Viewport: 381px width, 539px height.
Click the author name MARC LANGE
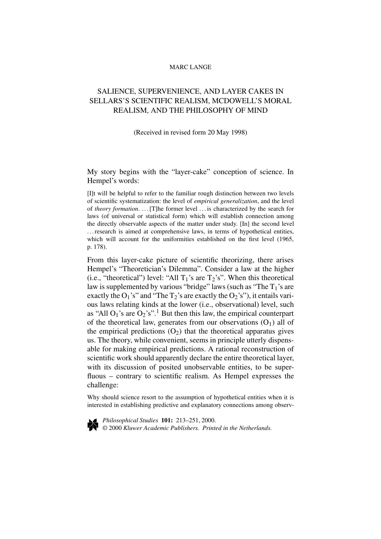[190, 67]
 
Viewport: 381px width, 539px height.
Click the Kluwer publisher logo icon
[92, 424]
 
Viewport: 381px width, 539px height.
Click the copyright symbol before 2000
[105, 428]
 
